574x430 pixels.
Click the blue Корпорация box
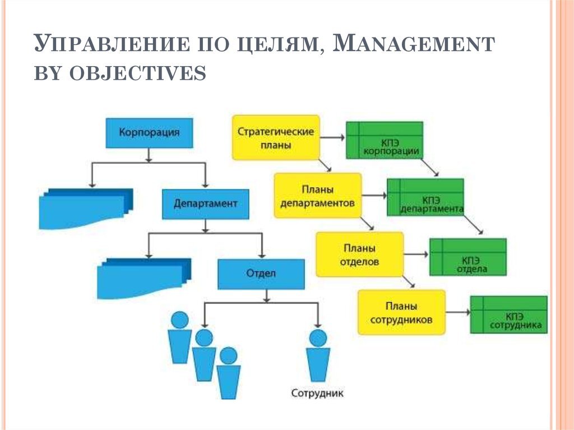[x=149, y=133]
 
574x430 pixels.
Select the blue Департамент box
[x=205, y=204]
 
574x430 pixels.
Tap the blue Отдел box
[x=261, y=274]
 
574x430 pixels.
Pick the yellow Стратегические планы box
[x=276, y=138]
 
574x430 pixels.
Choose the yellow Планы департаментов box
[x=318, y=196]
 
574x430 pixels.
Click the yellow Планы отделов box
[x=360, y=254]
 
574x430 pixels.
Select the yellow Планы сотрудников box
[x=401, y=312]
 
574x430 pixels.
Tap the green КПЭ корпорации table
[x=385, y=140]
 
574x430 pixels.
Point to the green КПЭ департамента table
[x=425, y=197]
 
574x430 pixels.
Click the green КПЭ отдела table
[x=468, y=257]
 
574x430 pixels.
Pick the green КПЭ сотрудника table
[x=509, y=315]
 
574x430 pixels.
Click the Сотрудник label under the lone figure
[x=317, y=394]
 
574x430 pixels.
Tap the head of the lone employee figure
[x=318, y=337]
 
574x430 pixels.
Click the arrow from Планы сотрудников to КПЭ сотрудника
[x=458, y=312]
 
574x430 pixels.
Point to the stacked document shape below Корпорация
[x=86, y=208]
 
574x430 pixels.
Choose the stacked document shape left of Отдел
[x=144, y=278]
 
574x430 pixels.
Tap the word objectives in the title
[x=138, y=73]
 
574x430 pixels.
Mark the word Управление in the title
[x=112, y=44]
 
